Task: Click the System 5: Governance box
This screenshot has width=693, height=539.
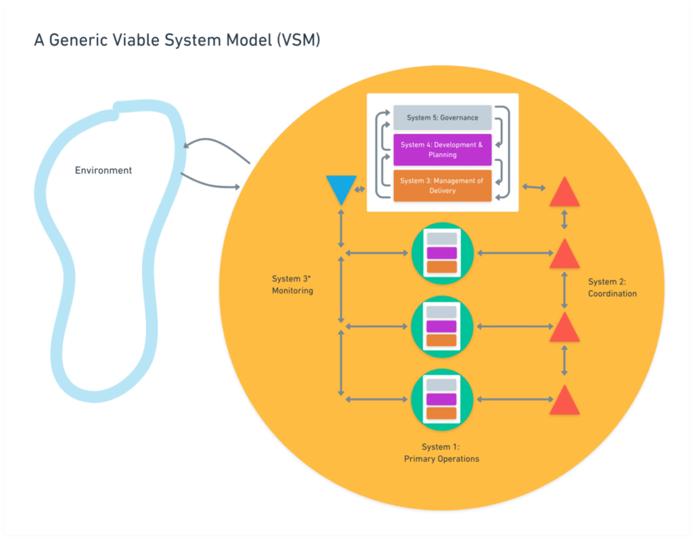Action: click(x=442, y=118)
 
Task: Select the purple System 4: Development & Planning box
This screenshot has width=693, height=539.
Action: click(x=442, y=149)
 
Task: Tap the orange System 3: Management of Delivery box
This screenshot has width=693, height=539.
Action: click(x=442, y=185)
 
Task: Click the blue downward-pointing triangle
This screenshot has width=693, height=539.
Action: click(x=340, y=187)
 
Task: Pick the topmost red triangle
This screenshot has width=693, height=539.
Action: click(x=564, y=193)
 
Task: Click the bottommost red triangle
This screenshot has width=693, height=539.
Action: click(x=564, y=401)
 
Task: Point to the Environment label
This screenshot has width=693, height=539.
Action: click(x=103, y=170)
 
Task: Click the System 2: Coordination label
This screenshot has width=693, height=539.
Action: click(x=612, y=287)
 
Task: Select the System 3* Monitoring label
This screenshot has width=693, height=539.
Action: click(x=292, y=284)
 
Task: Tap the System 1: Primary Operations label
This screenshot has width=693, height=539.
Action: click(x=441, y=452)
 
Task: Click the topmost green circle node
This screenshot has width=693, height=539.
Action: click(x=442, y=253)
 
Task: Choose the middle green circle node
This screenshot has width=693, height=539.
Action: click(x=442, y=327)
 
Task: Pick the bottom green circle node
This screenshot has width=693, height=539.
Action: click(x=442, y=400)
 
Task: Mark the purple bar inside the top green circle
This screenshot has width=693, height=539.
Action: click(x=442, y=253)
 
